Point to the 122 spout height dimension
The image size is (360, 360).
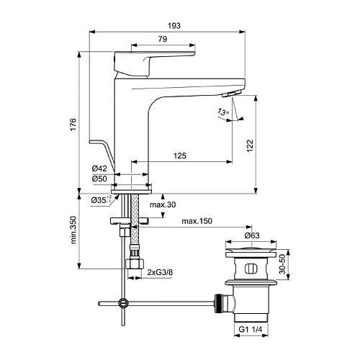tap(249, 144)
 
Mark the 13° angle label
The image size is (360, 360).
tap(222, 112)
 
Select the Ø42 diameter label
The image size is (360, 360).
tap(99, 169)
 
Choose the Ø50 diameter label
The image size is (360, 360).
tap(99, 179)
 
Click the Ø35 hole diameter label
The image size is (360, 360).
tap(101, 199)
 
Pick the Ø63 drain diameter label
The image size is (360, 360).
tap(251, 235)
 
